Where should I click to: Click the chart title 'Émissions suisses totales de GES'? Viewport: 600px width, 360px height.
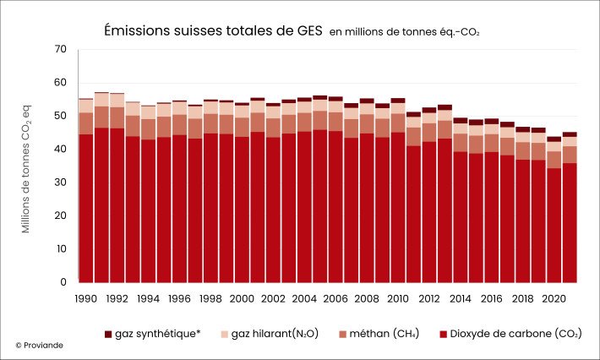[212, 30]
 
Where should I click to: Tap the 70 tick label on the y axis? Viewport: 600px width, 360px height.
[59, 50]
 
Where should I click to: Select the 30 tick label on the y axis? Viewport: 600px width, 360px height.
[59, 183]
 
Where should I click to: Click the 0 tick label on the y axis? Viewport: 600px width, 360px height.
[63, 282]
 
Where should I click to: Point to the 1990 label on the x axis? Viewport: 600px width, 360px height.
[85, 298]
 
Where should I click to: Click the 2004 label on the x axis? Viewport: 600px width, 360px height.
[304, 298]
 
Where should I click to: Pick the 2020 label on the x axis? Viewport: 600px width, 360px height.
[554, 298]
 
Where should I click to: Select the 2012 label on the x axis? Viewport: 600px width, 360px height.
[429, 298]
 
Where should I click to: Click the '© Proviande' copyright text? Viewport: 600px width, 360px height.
[39, 345]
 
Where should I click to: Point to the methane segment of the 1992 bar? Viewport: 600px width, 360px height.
[117, 117]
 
